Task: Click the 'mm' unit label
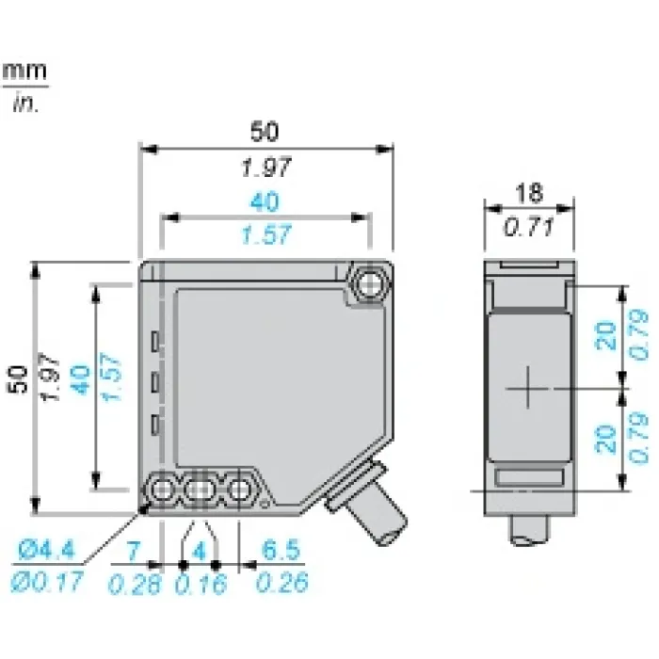tap(24, 71)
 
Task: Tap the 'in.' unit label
tap(25, 102)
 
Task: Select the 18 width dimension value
tap(529, 193)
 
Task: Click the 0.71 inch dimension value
tap(529, 228)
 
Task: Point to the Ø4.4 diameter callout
tap(46, 550)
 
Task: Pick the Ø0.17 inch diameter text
tap(46, 583)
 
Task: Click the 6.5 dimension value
tap(281, 550)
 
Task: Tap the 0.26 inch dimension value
tap(282, 583)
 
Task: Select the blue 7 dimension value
tap(134, 551)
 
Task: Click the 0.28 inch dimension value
tap(135, 584)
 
